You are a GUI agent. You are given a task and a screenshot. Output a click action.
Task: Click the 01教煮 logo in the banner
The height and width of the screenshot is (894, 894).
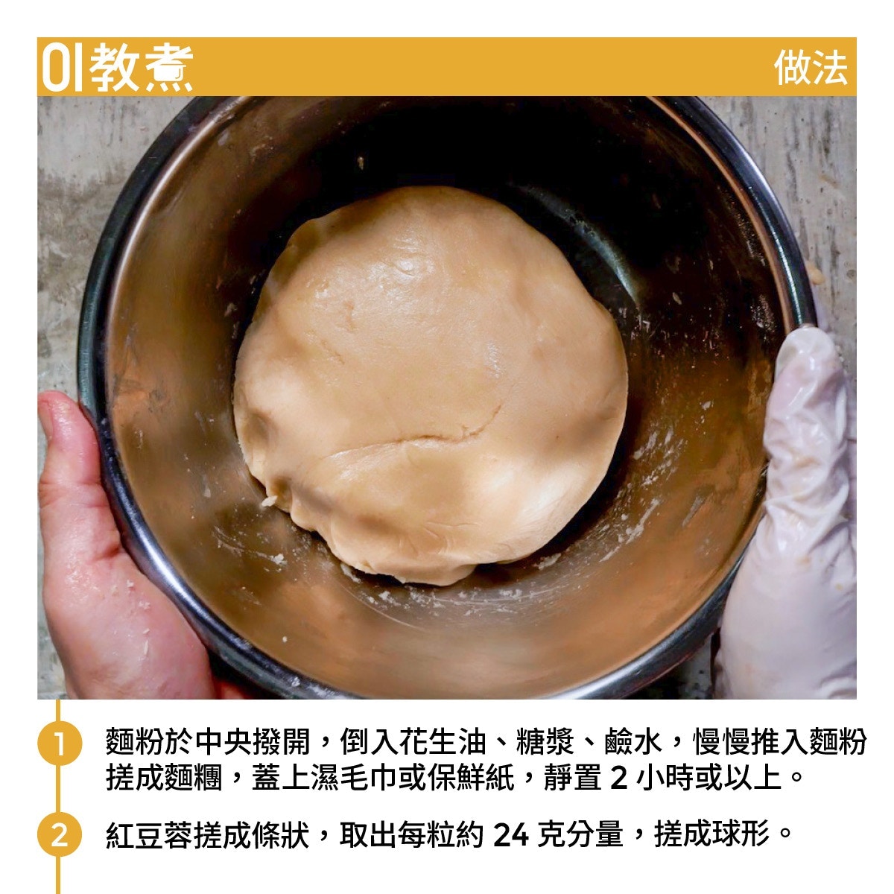pos(118,67)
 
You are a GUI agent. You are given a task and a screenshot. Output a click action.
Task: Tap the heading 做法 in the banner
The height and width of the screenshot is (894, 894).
pos(811,68)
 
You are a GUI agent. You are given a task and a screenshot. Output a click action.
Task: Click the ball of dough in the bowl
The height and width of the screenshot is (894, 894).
pos(431,385)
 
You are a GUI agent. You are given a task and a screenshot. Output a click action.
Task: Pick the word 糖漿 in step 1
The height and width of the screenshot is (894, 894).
pos(544,741)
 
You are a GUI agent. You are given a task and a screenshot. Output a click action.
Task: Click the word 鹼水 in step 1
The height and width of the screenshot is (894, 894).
pos(633,741)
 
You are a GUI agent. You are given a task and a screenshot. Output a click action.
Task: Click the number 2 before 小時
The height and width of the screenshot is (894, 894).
pos(619,778)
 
